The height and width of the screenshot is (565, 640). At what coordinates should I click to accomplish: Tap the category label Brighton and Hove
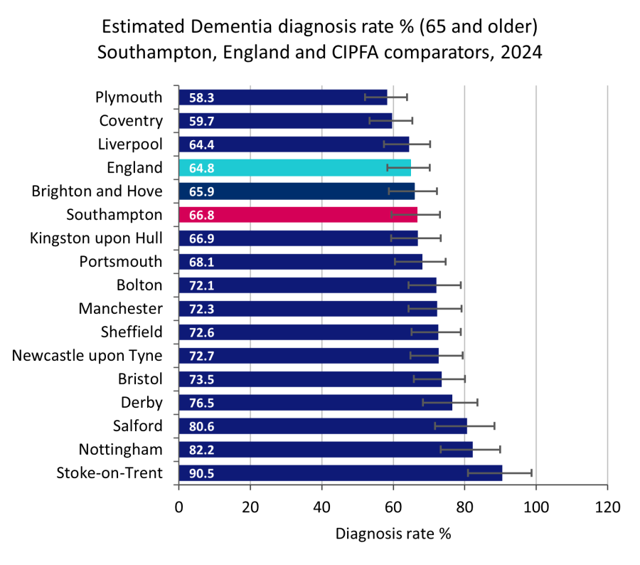click(x=97, y=191)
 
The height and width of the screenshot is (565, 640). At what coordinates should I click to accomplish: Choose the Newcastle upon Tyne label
click(x=87, y=355)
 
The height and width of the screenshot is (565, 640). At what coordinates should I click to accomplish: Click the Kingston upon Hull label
click(x=96, y=238)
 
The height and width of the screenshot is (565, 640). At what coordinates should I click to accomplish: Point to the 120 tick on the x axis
click(x=607, y=507)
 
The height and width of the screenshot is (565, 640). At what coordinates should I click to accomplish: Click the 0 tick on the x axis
click(x=179, y=507)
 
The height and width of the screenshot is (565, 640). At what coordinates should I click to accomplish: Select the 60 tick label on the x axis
click(x=393, y=507)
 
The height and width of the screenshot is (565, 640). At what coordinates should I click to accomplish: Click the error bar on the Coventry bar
click(x=390, y=121)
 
